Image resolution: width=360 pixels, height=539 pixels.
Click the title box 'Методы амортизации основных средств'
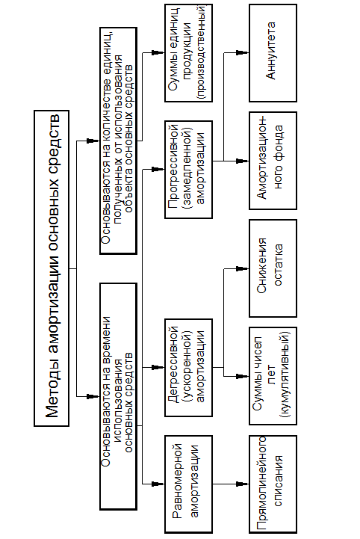(52, 268)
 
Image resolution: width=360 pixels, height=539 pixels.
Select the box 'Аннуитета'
(273, 53)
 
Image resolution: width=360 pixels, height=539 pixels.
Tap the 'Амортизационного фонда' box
(273, 161)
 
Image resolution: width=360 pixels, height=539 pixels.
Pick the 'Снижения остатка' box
(273, 268)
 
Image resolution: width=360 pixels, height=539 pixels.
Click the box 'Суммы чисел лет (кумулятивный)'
(273, 376)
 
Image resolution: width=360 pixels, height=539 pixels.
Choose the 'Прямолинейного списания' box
(273, 484)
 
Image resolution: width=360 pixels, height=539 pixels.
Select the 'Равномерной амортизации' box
(188, 484)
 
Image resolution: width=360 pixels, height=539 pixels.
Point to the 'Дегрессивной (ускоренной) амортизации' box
(188, 368)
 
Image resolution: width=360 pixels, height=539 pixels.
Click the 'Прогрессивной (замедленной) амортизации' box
(188, 169)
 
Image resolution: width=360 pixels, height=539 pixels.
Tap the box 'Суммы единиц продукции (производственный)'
(188, 53)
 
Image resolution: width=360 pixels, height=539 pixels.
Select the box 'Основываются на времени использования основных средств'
(118, 396)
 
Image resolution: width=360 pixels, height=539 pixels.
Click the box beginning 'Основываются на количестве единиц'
(118, 141)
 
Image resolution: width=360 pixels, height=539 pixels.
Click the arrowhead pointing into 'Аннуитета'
(243, 53)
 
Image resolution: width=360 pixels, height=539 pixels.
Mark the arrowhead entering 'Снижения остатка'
(243, 268)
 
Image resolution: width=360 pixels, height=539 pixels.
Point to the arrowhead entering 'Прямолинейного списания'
(243, 484)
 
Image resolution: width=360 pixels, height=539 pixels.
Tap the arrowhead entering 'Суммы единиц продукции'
(158, 52)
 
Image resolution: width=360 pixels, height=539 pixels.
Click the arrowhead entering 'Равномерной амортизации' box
(158, 484)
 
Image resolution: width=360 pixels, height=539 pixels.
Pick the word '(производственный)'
(202, 52)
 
